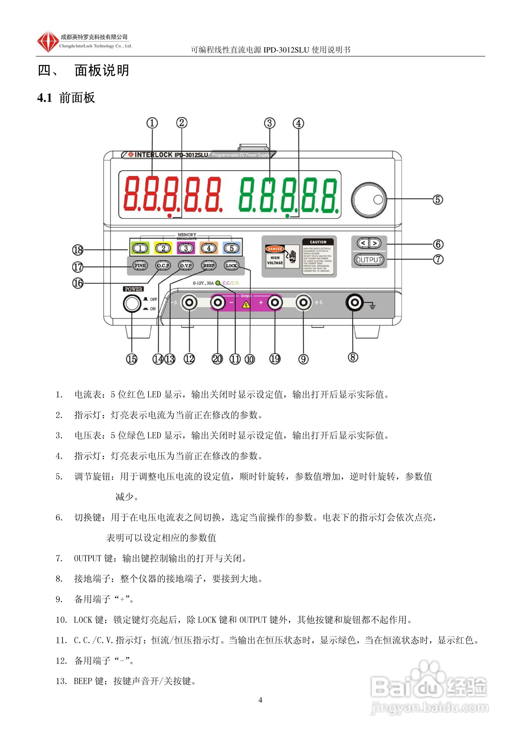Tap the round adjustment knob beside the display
coord(369,200)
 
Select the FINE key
coord(140,265)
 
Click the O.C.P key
coord(163,265)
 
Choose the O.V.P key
coord(186,265)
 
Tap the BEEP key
coord(209,265)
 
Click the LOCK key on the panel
coord(231,265)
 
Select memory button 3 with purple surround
coord(186,248)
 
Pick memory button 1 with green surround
coord(140,248)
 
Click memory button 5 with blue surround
coord(232,248)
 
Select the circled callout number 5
coord(438,200)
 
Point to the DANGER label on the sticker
coord(275,249)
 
